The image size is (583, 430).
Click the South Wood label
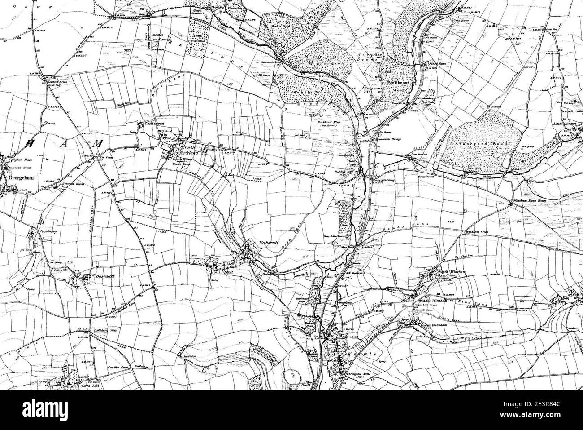pos(319,92)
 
